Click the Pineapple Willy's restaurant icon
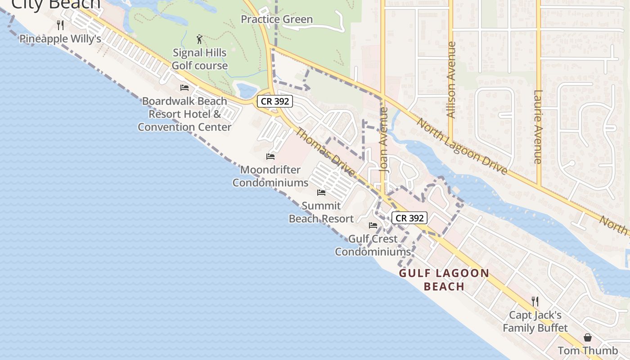[60, 25]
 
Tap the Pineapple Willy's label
[60, 39]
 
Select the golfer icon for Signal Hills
[199, 40]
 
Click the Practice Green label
[277, 19]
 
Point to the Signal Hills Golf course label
[200, 59]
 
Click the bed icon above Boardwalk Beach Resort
[184, 87]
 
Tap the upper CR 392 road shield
[275, 101]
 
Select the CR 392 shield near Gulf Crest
[409, 218]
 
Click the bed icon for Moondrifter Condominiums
[270, 157]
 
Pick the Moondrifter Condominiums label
[270, 176]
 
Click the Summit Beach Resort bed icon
[321, 193]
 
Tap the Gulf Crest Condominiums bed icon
[373, 225]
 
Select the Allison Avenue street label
[451, 80]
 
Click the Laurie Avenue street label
[538, 127]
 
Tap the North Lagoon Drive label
[462, 146]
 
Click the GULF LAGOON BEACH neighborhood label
[444, 279]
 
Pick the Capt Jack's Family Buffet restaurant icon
[535, 301]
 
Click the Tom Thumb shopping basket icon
[588, 337]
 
